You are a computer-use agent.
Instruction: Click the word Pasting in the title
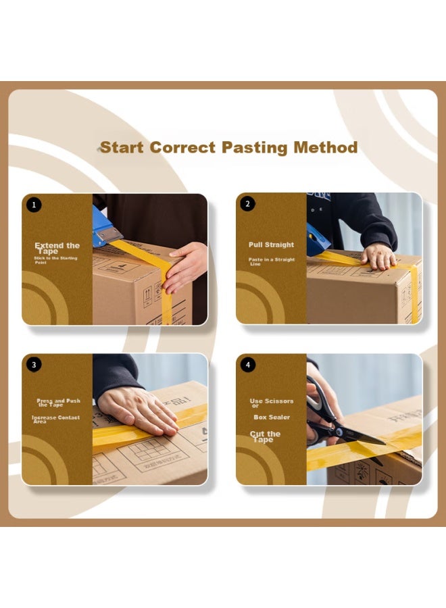[255, 148]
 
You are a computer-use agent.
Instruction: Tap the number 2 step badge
[248, 204]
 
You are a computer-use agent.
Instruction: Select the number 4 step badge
[248, 365]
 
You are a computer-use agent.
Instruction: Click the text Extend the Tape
[57, 248]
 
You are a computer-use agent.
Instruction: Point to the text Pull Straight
[271, 245]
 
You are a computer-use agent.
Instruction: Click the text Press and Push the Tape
[58, 403]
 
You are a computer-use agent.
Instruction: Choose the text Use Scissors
[271, 403]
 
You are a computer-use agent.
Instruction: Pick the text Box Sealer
[272, 417]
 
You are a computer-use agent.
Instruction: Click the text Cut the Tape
[265, 436]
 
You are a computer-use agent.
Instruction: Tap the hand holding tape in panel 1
[185, 266]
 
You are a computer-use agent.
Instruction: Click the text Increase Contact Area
[55, 420]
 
